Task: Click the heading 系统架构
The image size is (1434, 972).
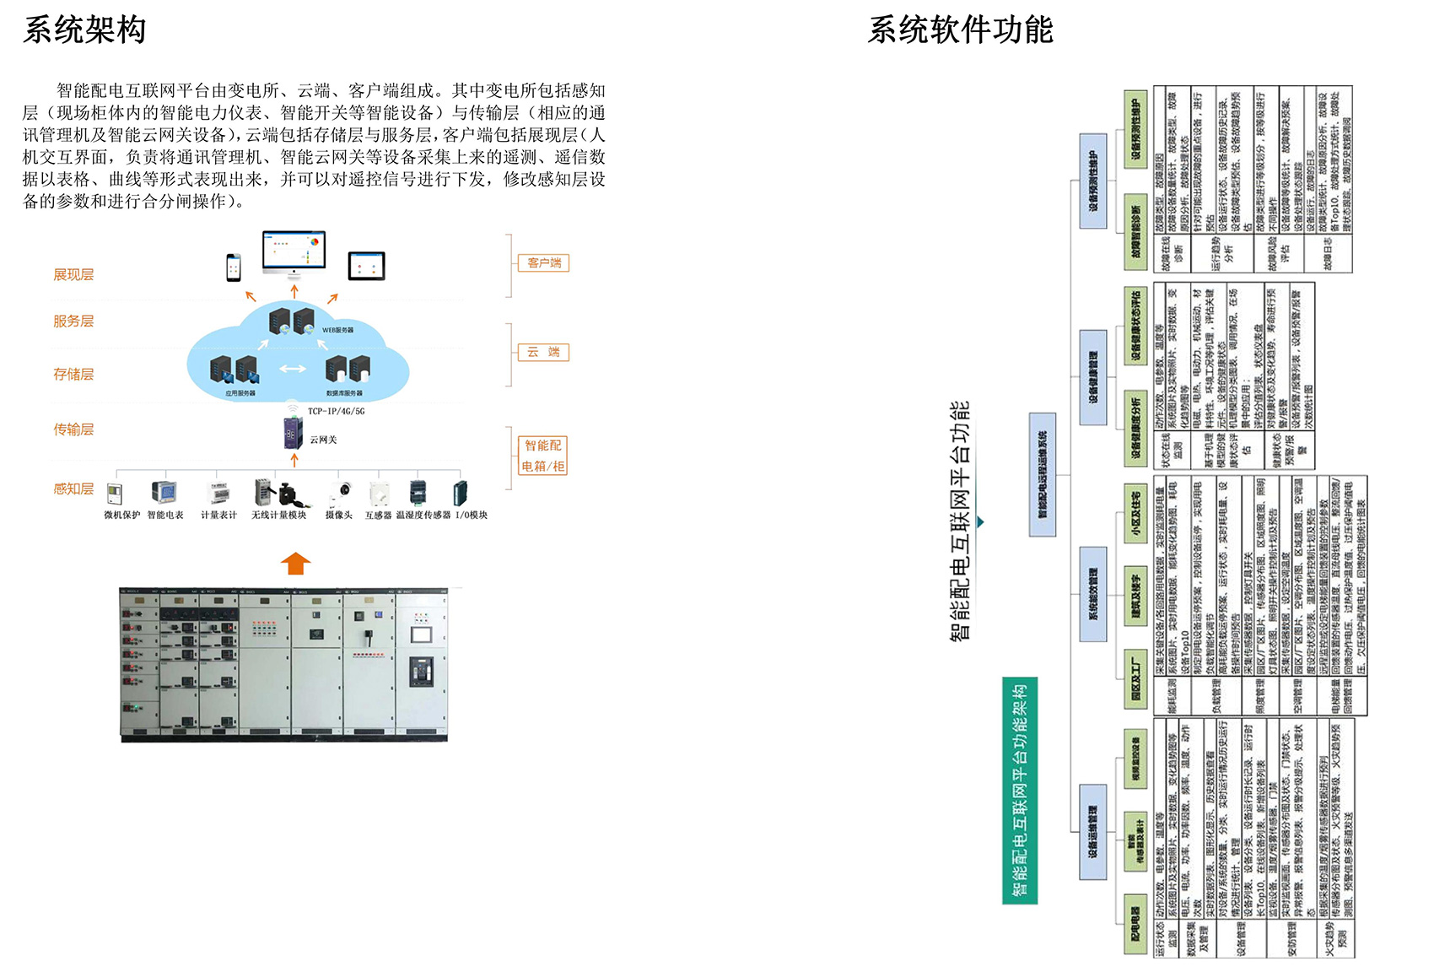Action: (x=84, y=30)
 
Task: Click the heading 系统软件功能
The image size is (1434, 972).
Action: (x=960, y=30)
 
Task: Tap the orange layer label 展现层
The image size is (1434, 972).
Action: (x=73, y=275)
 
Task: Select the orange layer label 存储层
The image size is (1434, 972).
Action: (x=73, y=375)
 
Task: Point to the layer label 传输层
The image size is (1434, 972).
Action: (x=73, y=429)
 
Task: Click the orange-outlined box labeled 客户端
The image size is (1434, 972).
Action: (x=543, y=263)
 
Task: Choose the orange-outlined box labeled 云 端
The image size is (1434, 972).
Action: (x=543, y=352)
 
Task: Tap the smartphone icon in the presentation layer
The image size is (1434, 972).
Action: (x=234, y=267)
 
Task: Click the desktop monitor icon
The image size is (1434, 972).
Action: (x=294, y=252)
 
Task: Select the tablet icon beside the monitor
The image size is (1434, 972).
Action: (x=366, y=266)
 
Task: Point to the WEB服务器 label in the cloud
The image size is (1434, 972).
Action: (x=338, y=330)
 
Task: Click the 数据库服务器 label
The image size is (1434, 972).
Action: (x=344, y=393)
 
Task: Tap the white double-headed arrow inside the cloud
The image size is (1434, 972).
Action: (x=293, y=369)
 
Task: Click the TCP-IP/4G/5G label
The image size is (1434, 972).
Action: (x=336, y=412)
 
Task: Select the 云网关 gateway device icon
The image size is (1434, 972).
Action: (x=293, y=432)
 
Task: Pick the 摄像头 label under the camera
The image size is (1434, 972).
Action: (x=339, y=515)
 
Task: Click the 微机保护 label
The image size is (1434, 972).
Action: (x=121, y=515)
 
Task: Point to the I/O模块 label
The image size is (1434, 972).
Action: (x=472, y=515)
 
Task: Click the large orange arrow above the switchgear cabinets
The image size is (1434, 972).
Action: (x=295, y=563)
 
